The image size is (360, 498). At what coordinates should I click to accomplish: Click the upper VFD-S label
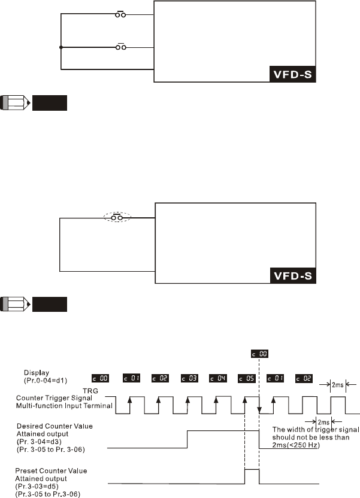[x=291, y=77]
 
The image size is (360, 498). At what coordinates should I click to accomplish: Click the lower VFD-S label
[x=291, y=277]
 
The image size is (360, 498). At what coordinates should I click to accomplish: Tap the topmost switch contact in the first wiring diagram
[x=120, y=14]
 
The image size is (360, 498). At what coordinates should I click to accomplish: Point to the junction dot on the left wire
[x=60, y=47]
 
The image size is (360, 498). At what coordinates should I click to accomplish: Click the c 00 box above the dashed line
[x=259, y=355]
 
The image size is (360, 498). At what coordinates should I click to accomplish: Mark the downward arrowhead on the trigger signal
[x=259, y=410]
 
